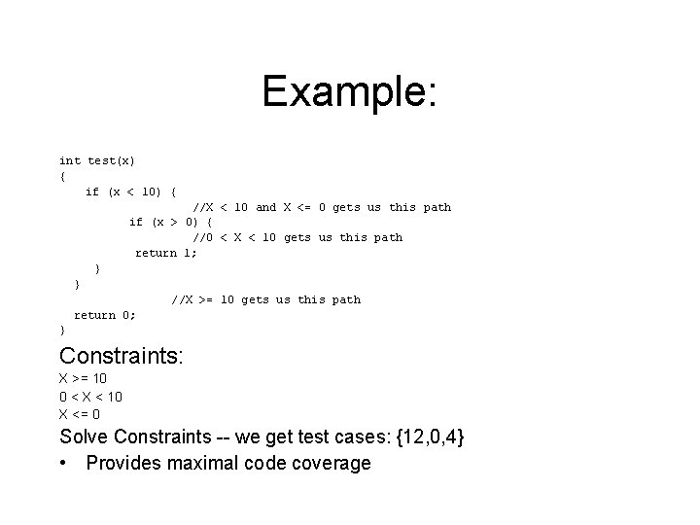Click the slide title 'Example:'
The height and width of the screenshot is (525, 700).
350,92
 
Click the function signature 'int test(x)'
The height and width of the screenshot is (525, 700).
97,160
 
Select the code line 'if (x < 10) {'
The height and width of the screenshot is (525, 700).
130,192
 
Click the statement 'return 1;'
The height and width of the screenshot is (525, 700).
165,253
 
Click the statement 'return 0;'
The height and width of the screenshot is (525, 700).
105,315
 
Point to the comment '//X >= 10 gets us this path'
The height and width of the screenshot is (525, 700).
265,299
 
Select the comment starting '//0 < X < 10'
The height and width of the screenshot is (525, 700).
297,237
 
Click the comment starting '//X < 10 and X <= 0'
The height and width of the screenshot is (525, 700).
321,207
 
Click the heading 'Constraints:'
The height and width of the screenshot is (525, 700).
121,357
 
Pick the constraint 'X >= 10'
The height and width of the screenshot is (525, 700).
84,379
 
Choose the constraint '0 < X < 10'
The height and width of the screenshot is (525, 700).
90,397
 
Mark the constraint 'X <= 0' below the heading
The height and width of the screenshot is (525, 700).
80,414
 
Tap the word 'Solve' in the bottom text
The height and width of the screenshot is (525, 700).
85,438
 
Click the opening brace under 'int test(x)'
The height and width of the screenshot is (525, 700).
62,176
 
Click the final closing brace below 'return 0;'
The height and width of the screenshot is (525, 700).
62,331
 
